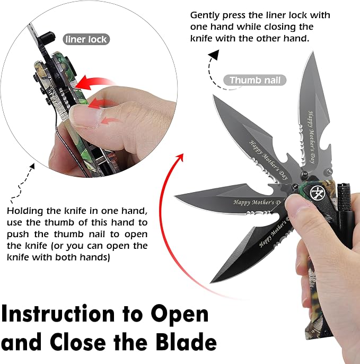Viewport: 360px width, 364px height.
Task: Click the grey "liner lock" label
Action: click(86, 39)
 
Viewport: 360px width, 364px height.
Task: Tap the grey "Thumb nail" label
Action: click(254, 80)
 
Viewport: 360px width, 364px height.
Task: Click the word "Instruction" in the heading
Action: click(58, 314)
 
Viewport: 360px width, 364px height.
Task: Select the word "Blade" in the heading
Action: click(186, 342)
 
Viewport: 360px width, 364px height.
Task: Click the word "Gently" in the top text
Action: click(205, 15)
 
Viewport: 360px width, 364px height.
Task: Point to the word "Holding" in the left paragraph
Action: click(25, 211)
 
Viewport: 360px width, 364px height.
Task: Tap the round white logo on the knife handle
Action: click(317, 193)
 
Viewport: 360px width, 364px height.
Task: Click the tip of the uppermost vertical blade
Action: click(313, 52)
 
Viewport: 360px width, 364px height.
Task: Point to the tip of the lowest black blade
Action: click(210, 283)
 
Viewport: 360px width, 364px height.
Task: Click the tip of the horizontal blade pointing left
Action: click(174, 196)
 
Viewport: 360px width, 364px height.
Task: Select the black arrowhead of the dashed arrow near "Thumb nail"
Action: click(214, 55)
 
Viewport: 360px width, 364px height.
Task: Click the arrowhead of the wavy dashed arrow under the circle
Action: click(32, 166)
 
